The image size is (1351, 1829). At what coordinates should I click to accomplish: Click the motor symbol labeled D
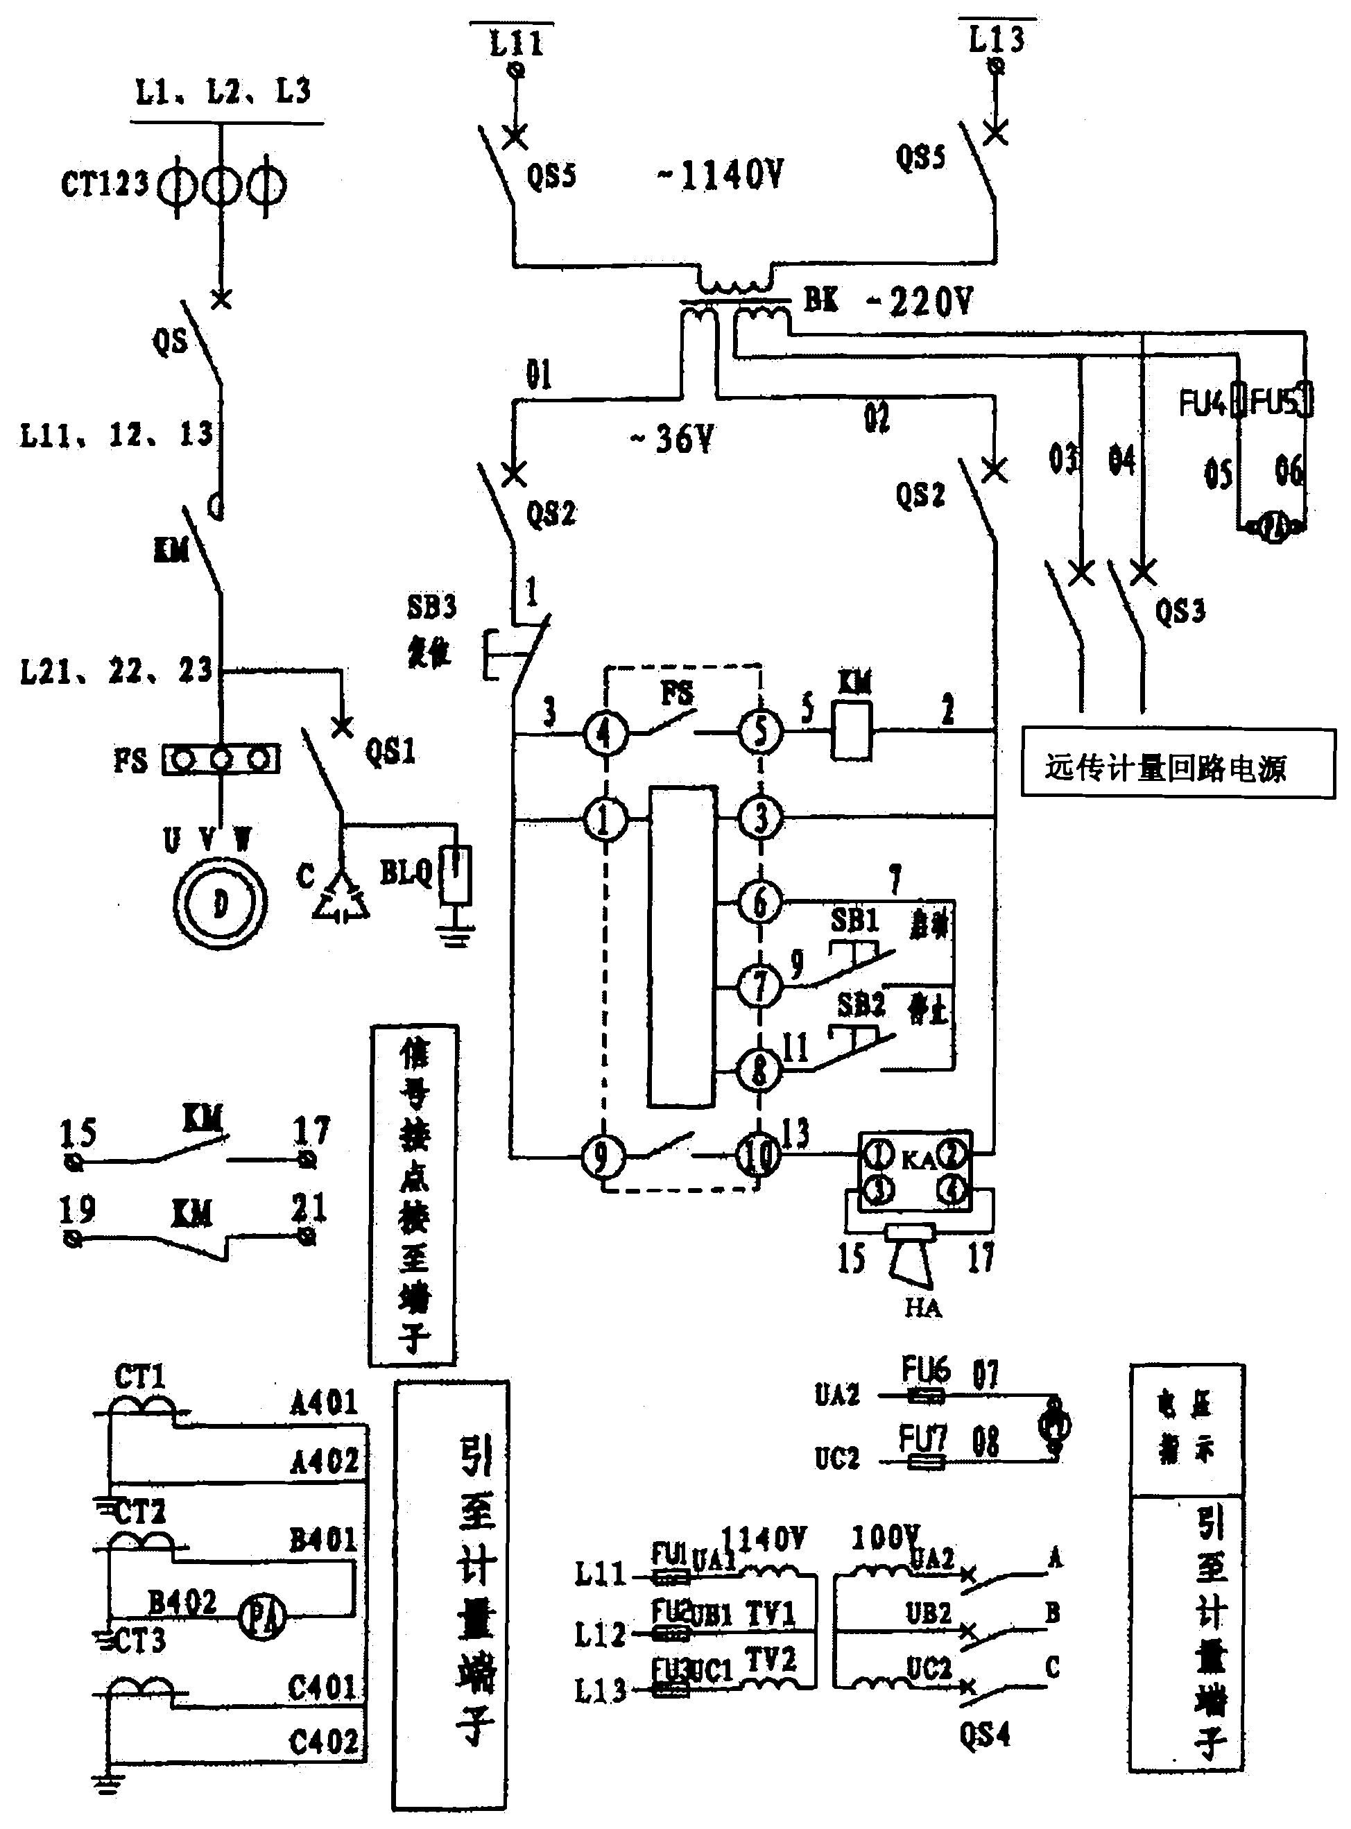click(220, 904)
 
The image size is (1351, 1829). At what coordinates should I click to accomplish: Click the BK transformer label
click(821, 300)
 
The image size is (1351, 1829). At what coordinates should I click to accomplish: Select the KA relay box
click(915, 1171)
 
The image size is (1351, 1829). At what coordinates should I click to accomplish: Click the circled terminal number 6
click(759, 902)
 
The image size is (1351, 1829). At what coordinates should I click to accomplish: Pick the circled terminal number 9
click(603, 1157)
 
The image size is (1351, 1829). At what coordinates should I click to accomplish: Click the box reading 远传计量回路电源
click(1178, 764)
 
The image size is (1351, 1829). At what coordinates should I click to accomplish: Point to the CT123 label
click(105, 184)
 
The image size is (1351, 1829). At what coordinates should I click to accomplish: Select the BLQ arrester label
click(406, 874)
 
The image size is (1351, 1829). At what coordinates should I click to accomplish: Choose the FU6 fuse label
click(925, 1368)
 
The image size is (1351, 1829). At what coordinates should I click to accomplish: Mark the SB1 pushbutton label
click(854, 921)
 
